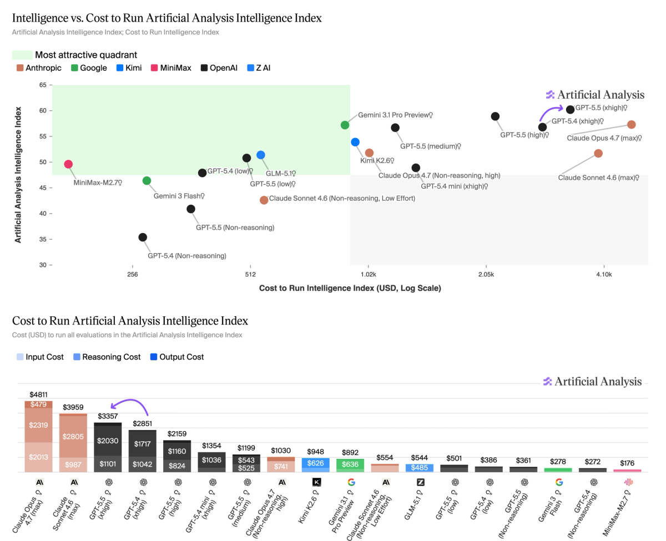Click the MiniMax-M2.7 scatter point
click(68, 164)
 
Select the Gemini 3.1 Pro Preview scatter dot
click(345, 125)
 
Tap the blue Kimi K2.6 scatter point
click(355, 142)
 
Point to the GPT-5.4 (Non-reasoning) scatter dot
click(143, 237)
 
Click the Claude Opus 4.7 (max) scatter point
click(631, 125)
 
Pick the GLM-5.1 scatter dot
click(261, 155)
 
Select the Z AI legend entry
click(259, 68)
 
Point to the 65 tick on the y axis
click(43, 85)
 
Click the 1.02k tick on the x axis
click(368, 274)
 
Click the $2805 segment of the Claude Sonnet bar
click(73, 437)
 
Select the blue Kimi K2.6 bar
click(316, 465)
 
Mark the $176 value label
click(628, 463)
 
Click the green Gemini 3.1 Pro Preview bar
click(350, 466)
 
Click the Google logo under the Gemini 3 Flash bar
click(559, 482)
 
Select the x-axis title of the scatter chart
click(350, 289)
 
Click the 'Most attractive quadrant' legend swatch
click(22, 55)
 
